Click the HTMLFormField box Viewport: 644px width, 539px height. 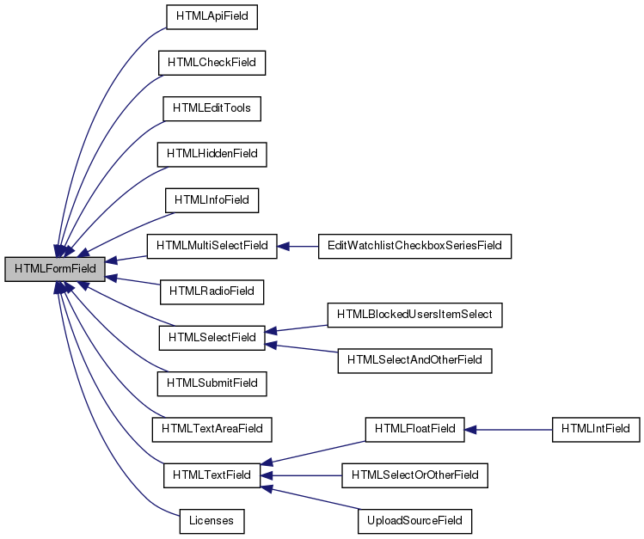coord(55,269)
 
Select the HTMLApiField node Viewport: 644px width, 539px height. coord(212,16)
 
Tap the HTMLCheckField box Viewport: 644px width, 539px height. coord(212,62)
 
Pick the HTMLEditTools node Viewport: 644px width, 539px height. coord(212,108)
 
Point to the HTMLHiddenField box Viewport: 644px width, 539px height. coord(212,154)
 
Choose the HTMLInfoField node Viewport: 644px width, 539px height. coord(212,200)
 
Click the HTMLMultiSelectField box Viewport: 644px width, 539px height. coord(212,246)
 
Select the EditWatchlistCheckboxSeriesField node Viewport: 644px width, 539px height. coord(414,246)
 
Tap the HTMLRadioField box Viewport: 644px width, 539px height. coord(212,291)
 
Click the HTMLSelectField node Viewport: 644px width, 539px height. coord(212,338)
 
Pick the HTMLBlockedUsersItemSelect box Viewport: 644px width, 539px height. coord(414,315)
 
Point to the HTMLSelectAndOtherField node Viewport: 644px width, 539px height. coord(414,361)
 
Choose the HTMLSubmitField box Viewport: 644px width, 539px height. coord(212,383)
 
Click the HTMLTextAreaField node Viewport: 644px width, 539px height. coord(212,429)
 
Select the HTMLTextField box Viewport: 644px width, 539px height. coord(212,475)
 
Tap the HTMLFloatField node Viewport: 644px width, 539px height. coord(414,428)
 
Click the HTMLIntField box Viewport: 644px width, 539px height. coord(596,428)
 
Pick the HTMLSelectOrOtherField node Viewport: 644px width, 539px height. coord(414,475)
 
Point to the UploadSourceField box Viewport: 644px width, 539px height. coord(414,520)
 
